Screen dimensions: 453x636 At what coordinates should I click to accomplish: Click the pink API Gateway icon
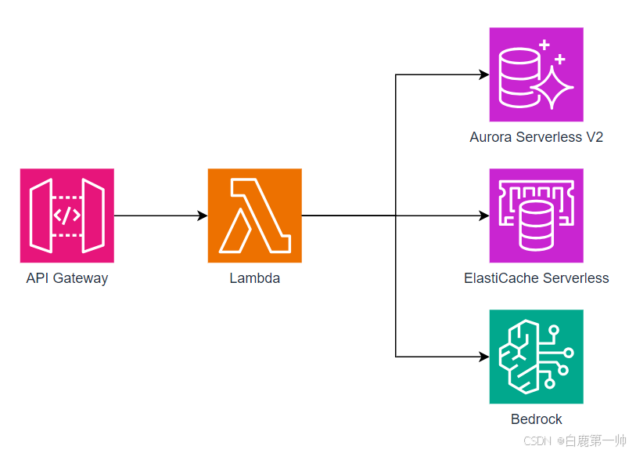pyautogui.click(x=66, y=216)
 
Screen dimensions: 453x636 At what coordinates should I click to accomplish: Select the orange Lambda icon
pyautogui.click(x=254, y=216)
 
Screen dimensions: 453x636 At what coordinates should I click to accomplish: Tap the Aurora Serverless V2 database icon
pyautogui.click(x=536, y=74)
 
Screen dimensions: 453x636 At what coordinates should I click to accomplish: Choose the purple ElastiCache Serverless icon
pyautogui.click(x=536, y=216)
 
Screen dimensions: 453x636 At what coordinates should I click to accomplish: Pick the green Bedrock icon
pyautogui.click(x=536, y=357)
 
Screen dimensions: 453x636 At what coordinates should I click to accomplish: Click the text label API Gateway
pyautogui.click(x=66, y=278)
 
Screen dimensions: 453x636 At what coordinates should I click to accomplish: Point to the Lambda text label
pyautogui.click(x=254, y=278)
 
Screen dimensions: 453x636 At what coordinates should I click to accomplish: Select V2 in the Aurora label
pyautogui.click(x=595, y=137)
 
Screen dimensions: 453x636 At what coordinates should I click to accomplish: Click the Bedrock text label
pyautogui.click(x=536, y=419)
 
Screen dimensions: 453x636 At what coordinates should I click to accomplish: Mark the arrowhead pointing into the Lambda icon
pyautogui.click(x=202, y=216)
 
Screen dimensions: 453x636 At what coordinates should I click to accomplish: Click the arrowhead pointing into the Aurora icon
pyautogui.click(x=483, y=74)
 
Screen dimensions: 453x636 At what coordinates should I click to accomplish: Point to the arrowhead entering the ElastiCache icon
pyautogui.click(x=483, y=216)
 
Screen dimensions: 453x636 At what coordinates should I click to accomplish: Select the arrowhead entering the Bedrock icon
pyautogui.click(x=483, y=357)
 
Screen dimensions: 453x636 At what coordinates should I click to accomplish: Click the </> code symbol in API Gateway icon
pyautogui.click(x=66, y=216)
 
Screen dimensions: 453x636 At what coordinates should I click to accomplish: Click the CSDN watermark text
pyautogui.click(x=538, y=441)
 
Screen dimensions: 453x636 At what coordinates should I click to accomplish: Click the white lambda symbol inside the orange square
pyautogui.click(x=253, y=216)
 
